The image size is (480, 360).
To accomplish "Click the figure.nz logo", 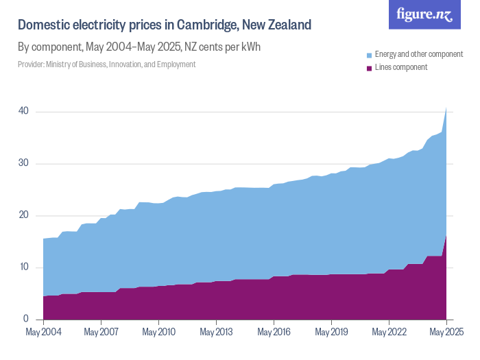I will [424, 14].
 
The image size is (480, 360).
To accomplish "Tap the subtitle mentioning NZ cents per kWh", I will [139, 47].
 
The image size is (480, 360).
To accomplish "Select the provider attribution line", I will [106, 64].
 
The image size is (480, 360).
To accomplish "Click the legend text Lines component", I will [400, 67].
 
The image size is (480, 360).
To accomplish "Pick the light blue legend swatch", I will [369, 54].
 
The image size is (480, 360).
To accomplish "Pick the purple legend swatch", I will [369, 67].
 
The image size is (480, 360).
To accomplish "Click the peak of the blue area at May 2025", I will [446, 106].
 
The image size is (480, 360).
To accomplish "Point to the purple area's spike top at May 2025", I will [446, 235].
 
